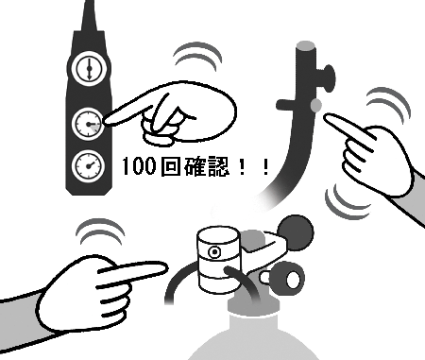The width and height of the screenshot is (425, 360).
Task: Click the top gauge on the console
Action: point(89,68)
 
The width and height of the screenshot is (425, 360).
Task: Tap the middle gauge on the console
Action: point(88,124)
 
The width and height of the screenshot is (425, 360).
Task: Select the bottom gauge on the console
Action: point(88,166)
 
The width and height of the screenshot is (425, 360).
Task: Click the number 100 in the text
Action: point(139,166)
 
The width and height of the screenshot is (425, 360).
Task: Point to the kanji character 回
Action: point(170,166)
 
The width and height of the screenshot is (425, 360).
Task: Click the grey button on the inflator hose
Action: point(316,105)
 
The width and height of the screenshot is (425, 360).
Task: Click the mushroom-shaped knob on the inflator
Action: point(328,78)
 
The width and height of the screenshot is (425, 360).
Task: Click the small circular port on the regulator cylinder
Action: point(214,252)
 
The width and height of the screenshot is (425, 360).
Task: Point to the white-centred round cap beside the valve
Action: point(293,279)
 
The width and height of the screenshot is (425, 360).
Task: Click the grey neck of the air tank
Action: point(253,305)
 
